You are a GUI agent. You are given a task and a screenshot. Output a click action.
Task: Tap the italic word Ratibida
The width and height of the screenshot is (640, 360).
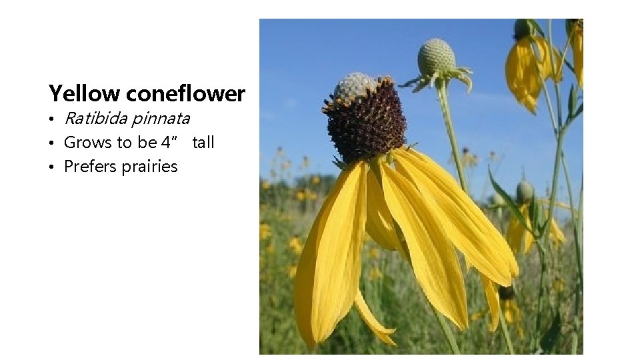click(95, 119)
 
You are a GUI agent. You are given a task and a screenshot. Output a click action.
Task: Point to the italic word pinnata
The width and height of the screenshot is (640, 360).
click(161, 119)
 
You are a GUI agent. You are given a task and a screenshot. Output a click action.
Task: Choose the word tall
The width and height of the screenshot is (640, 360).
click(203, 142)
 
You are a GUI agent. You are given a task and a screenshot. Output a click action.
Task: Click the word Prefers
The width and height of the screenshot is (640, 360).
click(89, 166)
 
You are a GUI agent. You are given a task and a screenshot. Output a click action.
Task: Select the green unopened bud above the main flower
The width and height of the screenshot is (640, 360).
click(436, 57)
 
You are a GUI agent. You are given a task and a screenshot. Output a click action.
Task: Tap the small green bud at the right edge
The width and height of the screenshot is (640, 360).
click(525, 192)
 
